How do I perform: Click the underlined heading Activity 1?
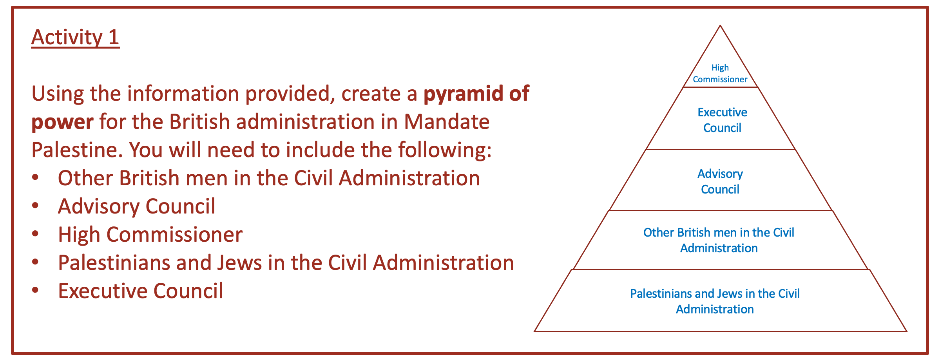tap(75, 38)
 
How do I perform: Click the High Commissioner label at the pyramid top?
tap(720, 74)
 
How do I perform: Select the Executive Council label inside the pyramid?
tap(722, 120)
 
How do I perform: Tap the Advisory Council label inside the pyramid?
tap(720, 181)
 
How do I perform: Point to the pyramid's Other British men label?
tap(719, 240)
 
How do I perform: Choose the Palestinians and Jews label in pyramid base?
tap(715, 301)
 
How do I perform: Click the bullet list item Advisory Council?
tap(136, 206)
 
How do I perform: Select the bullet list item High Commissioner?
tap(150, 235)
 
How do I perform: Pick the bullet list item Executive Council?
tap(141, 291)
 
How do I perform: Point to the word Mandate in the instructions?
tap(447, 122)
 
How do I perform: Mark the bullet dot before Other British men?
tap(36, 178)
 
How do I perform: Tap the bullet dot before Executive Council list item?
tap(36, 291)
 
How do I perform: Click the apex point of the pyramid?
tap(720, 25)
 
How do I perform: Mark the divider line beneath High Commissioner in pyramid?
tap(721, 87)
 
